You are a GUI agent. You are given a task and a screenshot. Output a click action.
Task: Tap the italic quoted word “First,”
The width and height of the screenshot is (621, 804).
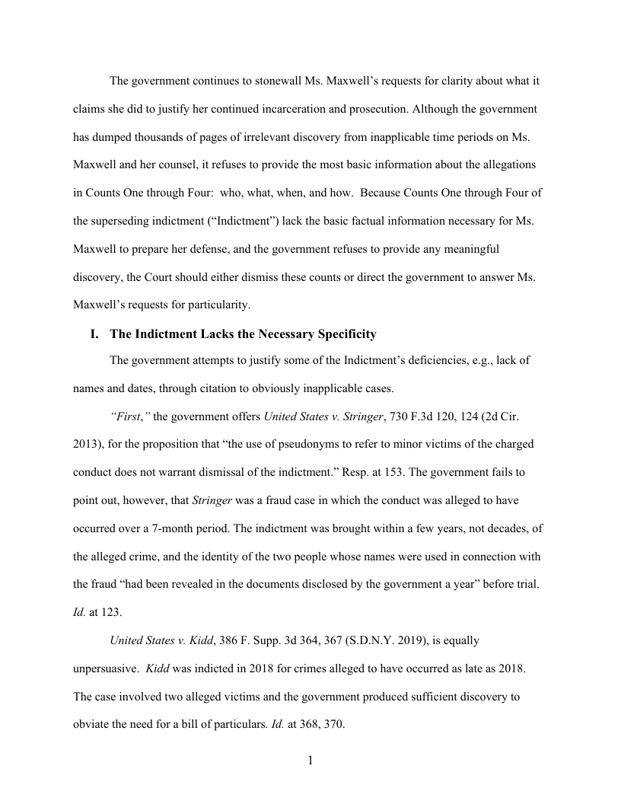pyautogui.click(x=130, y=416)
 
